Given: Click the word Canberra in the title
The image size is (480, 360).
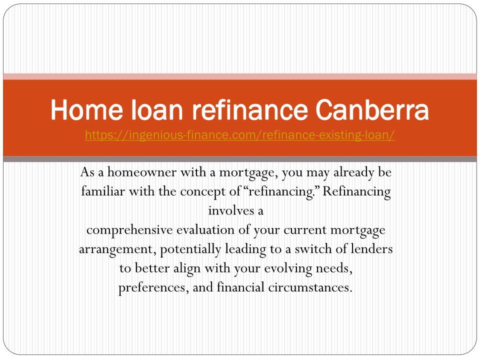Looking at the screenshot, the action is click(x=372, y=109).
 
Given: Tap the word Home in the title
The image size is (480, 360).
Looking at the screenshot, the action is click(x=87, y=109).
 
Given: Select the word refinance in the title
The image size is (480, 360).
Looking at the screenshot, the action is click(x=250, y=109).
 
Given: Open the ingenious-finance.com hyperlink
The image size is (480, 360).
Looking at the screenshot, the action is click(x=240, y=135).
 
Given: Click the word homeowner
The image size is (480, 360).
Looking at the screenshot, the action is click(x=141, y=172).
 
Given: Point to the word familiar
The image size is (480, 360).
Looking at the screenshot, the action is click(x=103, y=191).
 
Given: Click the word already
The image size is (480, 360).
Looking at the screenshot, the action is click(x=353, y=173).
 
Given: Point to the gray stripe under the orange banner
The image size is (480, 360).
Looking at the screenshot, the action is click(x=240, y=159).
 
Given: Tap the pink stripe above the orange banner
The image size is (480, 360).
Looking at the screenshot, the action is click(x=240, y=76).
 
